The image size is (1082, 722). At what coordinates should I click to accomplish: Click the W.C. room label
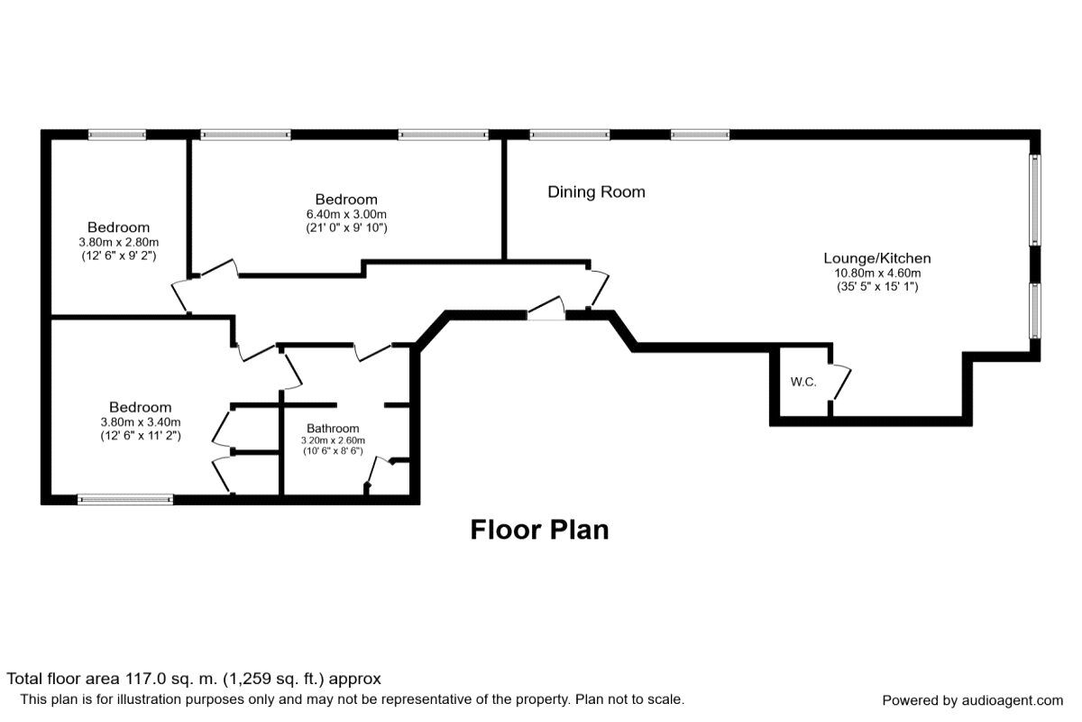click(x=803, y=382)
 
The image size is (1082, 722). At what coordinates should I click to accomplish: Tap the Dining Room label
click(x=596, y=191)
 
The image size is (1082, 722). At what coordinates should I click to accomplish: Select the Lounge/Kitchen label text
click(x=877, y=258)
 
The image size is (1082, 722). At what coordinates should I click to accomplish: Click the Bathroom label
click(x=333, y=429)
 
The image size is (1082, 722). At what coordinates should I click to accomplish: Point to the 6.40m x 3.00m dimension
click(x=346, y=214)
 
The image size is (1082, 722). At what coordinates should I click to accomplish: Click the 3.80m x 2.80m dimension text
click(x=118, y=242)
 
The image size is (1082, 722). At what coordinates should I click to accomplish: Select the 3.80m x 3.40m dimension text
click(x=141, y=422)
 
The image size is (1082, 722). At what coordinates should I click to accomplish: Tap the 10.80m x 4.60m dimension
click(x=877, y=273)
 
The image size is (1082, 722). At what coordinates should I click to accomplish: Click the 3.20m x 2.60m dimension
click(x=333, y=441)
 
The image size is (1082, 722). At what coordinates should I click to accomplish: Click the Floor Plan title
click(x=539, y=530)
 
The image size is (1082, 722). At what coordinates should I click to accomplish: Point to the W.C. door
click(x=840, y=383)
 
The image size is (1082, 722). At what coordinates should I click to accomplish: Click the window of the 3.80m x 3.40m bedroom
click(x=124, y=499)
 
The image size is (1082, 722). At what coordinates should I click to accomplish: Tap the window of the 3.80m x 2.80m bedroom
click(x=116, y=135)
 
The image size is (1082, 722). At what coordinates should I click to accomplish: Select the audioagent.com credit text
click(x=972, y=700)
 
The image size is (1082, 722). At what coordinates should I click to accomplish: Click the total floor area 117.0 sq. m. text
click(x=194, y=679)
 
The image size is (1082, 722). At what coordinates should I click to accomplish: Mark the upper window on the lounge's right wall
click(x=1035, y=199)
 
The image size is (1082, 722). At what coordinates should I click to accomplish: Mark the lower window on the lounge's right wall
click(x=1035, y=310)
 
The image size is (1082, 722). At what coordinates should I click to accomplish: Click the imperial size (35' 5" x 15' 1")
click(x=877, y=287)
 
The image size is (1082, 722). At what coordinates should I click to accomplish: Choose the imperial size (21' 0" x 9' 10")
click(x=346, y=228)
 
